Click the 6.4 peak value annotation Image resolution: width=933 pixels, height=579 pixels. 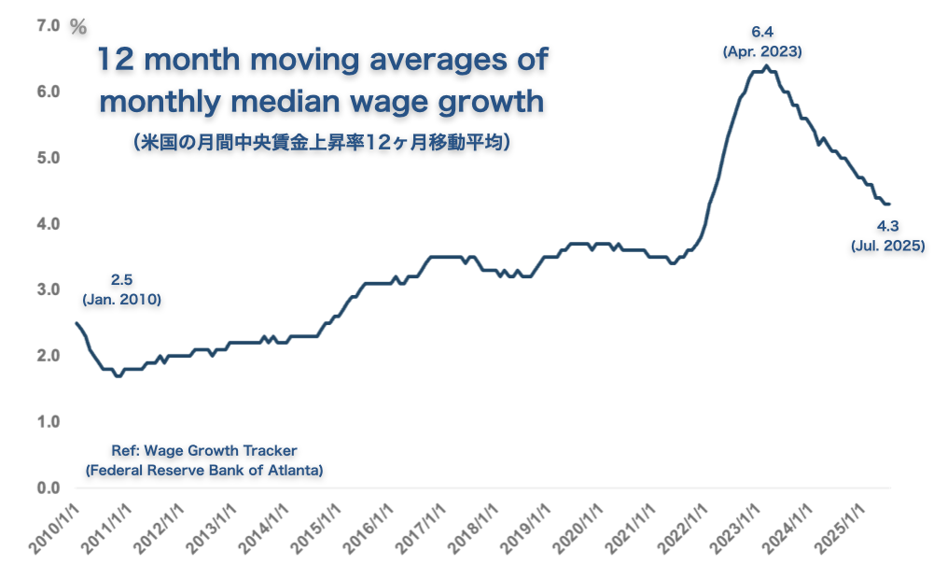pos(762,34)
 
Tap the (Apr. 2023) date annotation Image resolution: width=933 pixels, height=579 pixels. pos(762,52)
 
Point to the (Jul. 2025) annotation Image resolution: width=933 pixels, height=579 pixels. pos(887,246)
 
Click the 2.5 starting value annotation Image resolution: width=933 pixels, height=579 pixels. pos(122,279)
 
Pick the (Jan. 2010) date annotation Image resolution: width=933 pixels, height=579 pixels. pos(122,299)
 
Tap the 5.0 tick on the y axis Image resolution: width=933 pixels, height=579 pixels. pos(49,158)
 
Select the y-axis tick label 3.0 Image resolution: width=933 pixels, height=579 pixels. pos(49,289)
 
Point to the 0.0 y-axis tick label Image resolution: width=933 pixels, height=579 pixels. pos(49,487)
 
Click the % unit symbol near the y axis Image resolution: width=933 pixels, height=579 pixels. pos(78,27)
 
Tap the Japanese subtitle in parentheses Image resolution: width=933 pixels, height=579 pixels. pos(320,143)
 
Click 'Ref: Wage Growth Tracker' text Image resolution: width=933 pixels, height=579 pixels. pos(203,449)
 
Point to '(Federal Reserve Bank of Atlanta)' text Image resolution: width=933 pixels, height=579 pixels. pos(203,470)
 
